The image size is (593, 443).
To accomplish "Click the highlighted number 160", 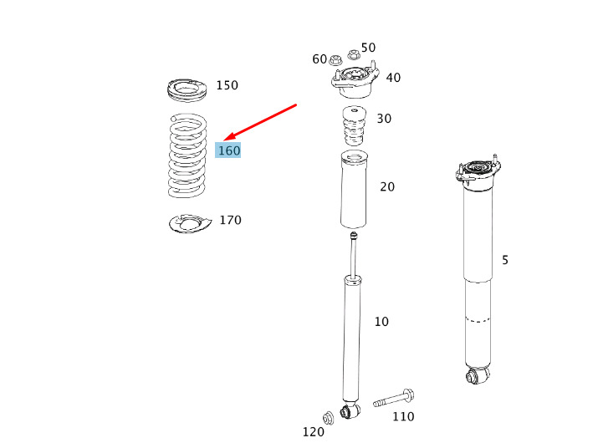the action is point(229,150).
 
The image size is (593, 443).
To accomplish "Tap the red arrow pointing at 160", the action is point(260,122).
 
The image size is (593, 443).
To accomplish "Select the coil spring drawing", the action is point(187,155).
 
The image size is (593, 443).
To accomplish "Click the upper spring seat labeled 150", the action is point(187,90).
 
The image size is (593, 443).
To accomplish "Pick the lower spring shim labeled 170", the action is point(190,224).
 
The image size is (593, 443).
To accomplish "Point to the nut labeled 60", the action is point(335,59).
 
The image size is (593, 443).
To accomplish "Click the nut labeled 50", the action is point(353,54).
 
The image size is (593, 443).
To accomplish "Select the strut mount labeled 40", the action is point(355,80).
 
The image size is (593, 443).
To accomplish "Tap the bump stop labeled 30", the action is point(355,126).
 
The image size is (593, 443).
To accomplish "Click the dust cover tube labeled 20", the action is point(355,190).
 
